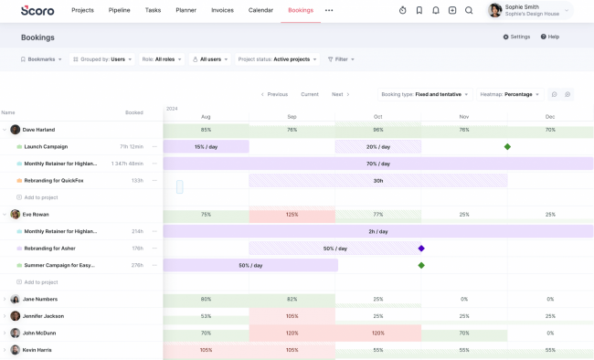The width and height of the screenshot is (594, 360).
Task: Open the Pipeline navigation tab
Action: (119, 10)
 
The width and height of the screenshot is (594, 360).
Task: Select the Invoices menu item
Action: (222, 10)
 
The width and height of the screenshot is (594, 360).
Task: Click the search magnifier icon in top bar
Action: (469, 10)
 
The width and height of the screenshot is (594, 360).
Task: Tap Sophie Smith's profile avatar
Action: (495, 10)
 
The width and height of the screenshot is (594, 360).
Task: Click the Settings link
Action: (515, 37)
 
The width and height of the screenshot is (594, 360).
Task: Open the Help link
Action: (549, 37)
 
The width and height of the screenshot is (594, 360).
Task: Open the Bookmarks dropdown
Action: (42, 58)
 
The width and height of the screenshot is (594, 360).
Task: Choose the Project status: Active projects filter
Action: (278, 58)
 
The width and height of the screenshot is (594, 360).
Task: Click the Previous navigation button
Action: (274, 94)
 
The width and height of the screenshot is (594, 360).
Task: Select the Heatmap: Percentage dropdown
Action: (510, 94)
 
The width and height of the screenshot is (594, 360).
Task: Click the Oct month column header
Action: (377, 117)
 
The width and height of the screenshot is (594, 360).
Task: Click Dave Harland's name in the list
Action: (39, 130)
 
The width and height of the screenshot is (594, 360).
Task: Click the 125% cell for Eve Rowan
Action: (292, 215)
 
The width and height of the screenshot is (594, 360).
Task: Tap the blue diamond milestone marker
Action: (421, 249)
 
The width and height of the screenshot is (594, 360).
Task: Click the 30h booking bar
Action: (377, 181)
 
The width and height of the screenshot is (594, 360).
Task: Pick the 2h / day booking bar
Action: (377, 231)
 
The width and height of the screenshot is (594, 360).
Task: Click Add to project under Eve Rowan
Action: (40, 282)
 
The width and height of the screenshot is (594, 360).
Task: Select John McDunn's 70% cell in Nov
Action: (464, 334)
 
